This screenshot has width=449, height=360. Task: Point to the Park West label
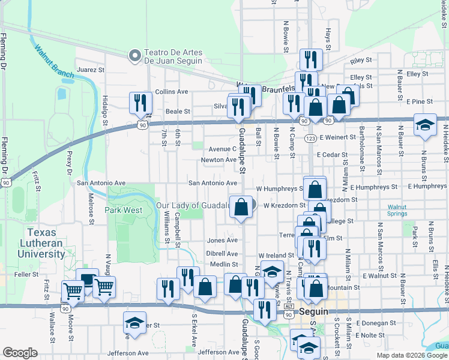(124, 211)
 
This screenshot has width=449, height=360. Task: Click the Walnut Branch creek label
(54, 62)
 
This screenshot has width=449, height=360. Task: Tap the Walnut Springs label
(396, 210)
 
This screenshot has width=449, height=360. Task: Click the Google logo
(20, 353)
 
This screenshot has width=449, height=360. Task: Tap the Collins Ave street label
(172, 92)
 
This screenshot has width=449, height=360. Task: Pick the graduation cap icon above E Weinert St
(425, 125)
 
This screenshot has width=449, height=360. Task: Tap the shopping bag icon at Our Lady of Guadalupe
(241, 208)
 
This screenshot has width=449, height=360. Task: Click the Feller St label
(26, 274)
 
